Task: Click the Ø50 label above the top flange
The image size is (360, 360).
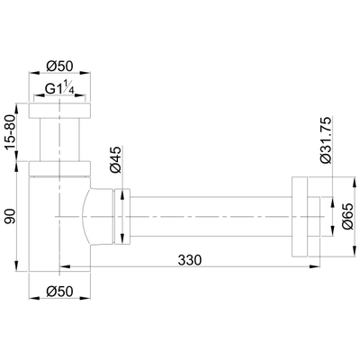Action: coord(58,68)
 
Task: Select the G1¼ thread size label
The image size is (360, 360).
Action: coord(58,88)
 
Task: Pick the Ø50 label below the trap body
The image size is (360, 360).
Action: coord(58,291)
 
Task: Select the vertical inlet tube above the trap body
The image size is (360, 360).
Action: coord(58,139)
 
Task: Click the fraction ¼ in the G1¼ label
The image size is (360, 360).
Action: coord(69,87)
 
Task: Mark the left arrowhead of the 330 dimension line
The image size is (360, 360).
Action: coord(63,265)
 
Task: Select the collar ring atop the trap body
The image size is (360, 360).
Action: coord(58,170)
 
